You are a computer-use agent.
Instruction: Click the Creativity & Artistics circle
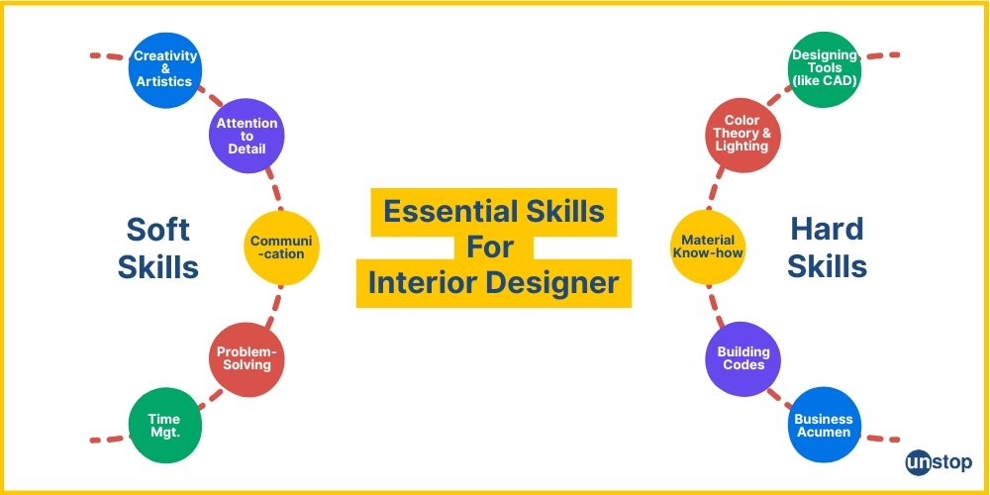[x=164, y=68]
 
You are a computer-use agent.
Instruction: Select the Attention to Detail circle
[x=247, y=136]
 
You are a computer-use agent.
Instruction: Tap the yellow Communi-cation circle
[x=283, y=247]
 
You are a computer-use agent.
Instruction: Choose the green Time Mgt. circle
[x=164, y=426]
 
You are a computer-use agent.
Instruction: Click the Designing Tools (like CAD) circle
[x=825, y=68]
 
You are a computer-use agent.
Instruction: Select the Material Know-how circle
[x=708, y=247]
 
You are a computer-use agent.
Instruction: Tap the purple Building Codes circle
[x=742, y=358]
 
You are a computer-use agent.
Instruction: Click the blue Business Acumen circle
[x=824, y=426]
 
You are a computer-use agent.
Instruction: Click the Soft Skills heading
[x=158, y=247]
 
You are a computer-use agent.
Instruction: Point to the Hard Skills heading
[x=828, y=247]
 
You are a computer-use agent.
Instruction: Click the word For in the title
[x=493, y=247]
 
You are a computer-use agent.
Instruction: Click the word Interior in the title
[x=418, y=283]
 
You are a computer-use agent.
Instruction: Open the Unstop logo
[x=939, y=462]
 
